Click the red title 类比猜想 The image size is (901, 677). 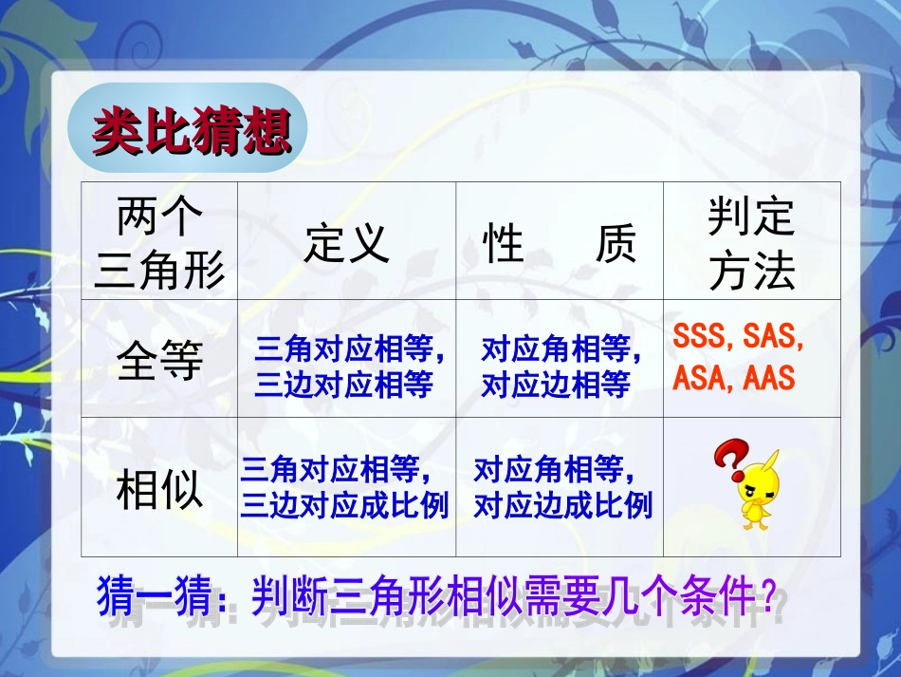click(191, 132)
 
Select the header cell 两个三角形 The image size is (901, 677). click(159, 245)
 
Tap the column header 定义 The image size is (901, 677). click(346, 243)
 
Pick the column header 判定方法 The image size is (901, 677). click(751, 245)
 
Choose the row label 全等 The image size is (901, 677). click(159, 361)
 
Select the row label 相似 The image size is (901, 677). click(159, 489)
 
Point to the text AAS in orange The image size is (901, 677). click(769, 379)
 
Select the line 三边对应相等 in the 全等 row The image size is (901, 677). click(343, 385)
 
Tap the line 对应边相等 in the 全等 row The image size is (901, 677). click(556, 385)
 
